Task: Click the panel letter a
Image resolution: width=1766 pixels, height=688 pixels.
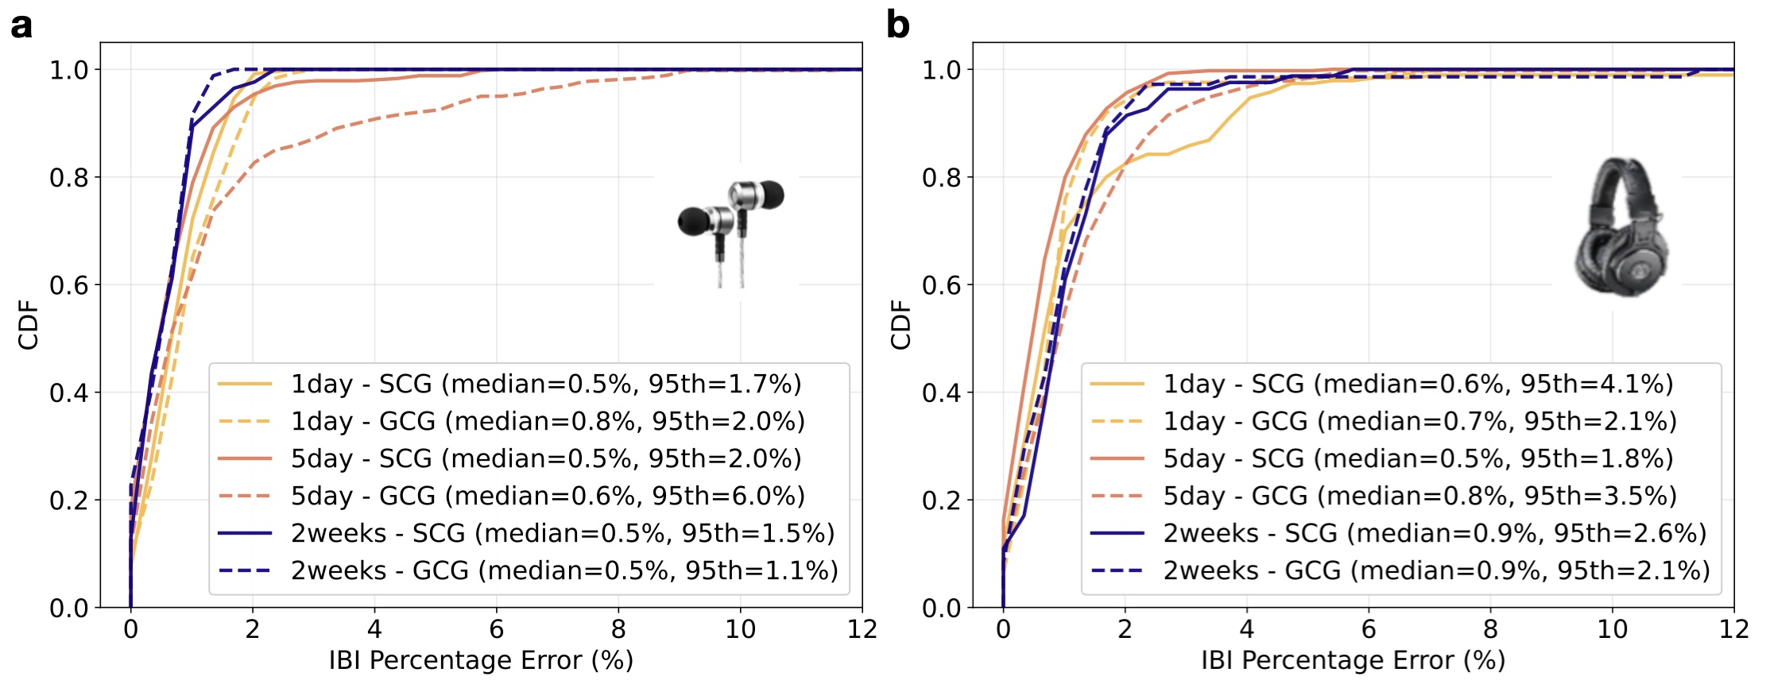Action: [21, 25]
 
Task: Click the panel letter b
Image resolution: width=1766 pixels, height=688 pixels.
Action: [897, 25]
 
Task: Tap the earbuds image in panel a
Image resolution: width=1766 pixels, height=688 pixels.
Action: [730, 230]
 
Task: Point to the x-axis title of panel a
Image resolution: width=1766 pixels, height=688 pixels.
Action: [481, 661]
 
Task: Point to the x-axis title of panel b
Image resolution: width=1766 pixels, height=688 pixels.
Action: [1353, 661]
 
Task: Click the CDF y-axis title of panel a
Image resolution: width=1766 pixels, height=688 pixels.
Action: [29, 324]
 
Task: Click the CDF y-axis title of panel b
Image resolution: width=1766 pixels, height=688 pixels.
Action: [900, 324]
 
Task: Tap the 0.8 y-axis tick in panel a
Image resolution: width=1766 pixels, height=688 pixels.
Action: [69, 178]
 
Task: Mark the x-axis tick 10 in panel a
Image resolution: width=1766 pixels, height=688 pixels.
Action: [740, 630]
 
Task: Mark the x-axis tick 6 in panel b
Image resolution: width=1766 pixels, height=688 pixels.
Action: [1369, 630]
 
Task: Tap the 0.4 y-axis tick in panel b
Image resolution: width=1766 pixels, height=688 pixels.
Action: [941, 393]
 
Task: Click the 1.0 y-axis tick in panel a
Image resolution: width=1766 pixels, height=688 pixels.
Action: [69, 70]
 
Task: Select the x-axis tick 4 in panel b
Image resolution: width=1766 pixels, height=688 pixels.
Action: [1247, 630]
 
